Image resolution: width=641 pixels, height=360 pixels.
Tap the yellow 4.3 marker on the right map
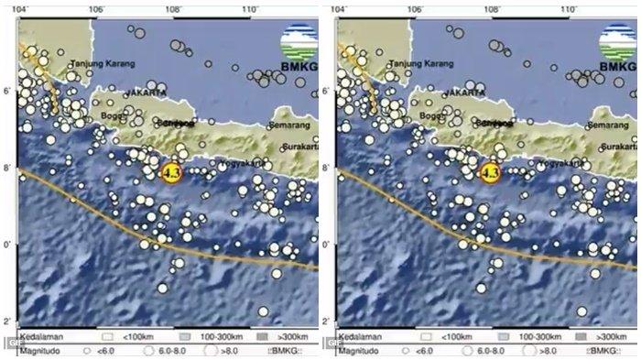pyautogui.click(x=489, y=171)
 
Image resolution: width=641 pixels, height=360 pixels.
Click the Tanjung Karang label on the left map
pyautogui.click(x=103, y=64)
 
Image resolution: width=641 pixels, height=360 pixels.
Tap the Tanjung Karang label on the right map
pyautogui.click(x=422, y=64)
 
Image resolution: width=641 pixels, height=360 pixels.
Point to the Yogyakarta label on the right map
pyautogui.click(x=558, y=163)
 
